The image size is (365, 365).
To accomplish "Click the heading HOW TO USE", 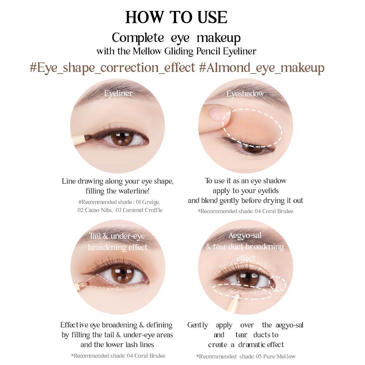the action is pos(176,17).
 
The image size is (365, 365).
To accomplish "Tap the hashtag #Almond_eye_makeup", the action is pos(262,68).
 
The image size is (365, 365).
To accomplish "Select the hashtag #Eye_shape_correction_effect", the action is pos(112,68).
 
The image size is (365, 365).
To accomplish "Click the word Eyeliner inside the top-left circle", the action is pos(118,93).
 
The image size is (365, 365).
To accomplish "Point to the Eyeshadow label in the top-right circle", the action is pos(245,93).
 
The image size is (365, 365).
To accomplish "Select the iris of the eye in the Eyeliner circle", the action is pos(122,138).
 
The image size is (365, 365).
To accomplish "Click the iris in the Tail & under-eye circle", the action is pos(123,275).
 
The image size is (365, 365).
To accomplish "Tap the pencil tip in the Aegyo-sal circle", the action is pos(238,296).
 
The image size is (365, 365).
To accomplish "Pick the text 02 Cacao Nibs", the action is pos(95,210).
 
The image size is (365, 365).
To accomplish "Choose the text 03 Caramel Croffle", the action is pos(139,210).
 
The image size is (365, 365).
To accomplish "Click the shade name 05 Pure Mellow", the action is pos(276,356).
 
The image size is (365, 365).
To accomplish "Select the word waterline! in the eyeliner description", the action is pos(134,191).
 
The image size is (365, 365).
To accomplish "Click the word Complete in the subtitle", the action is pos(138,38).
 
